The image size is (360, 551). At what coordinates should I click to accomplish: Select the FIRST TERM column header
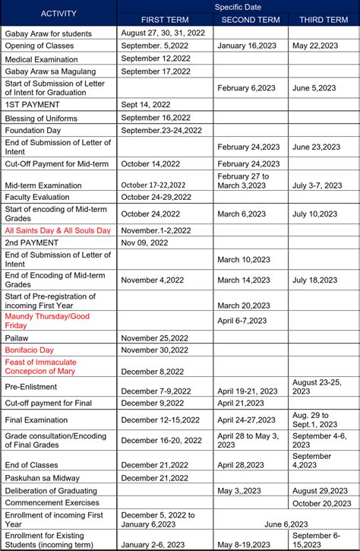[x=166, y=19]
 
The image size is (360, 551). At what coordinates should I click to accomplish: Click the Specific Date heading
[x=238, y=6]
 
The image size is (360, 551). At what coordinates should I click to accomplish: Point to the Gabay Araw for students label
[x=48, y=33]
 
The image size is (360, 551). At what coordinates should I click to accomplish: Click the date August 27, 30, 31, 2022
[x=165, y=33]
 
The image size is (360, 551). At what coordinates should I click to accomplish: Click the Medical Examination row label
[x=43, y=58]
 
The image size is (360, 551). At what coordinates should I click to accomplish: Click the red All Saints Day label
[x=58, y=230]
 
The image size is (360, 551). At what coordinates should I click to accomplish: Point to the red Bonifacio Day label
[x=30, y=350]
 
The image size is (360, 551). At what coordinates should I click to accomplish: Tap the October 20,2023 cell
[x=323, y=503]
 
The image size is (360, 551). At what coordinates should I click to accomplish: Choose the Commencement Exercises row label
[x=52, y=502]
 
